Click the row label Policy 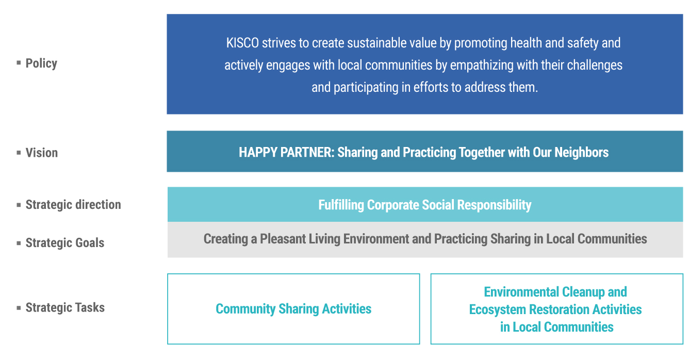pyautogui.click(x=41, y=63)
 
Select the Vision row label pyautogui.click(x=42, y=153)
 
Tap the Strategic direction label pyautogui.click(x=73, y=205)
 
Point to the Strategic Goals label pyautogui.click(x=65, y=243)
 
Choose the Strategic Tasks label pyautogui.click(x=65, y=307)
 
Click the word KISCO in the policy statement pyautogui.click(x=242, y=43)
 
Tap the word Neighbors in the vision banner pyautogui.click(x=581, y=152)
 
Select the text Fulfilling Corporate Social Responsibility pyautogui.click(x=425, y=205)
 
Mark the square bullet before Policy pyautogui.click(x=19, y=63)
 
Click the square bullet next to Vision pyautogui.click(x=19, y=152)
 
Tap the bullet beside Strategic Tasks pyautogui.click(x=19, y=307)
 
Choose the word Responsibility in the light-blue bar pyautogui.click(x=494, y=205)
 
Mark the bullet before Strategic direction pyautogui.click(x=19, y=205)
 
